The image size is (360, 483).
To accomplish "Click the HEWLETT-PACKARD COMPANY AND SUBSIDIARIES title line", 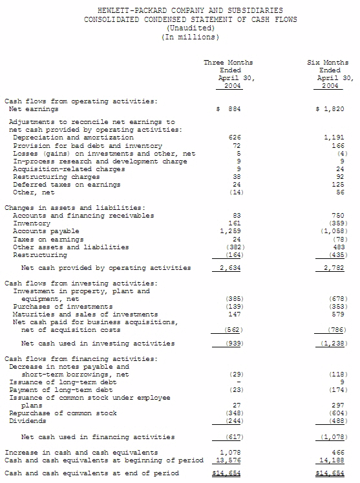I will tap(190, 11).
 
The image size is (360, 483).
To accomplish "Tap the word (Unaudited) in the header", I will tap(190, 28).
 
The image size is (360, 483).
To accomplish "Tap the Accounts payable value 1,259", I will tap(231, 231).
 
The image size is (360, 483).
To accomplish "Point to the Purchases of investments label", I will tap(63, 307).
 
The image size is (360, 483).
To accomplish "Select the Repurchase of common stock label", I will tap(63, 413).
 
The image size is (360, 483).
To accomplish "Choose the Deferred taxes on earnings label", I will tap(67, 185).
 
